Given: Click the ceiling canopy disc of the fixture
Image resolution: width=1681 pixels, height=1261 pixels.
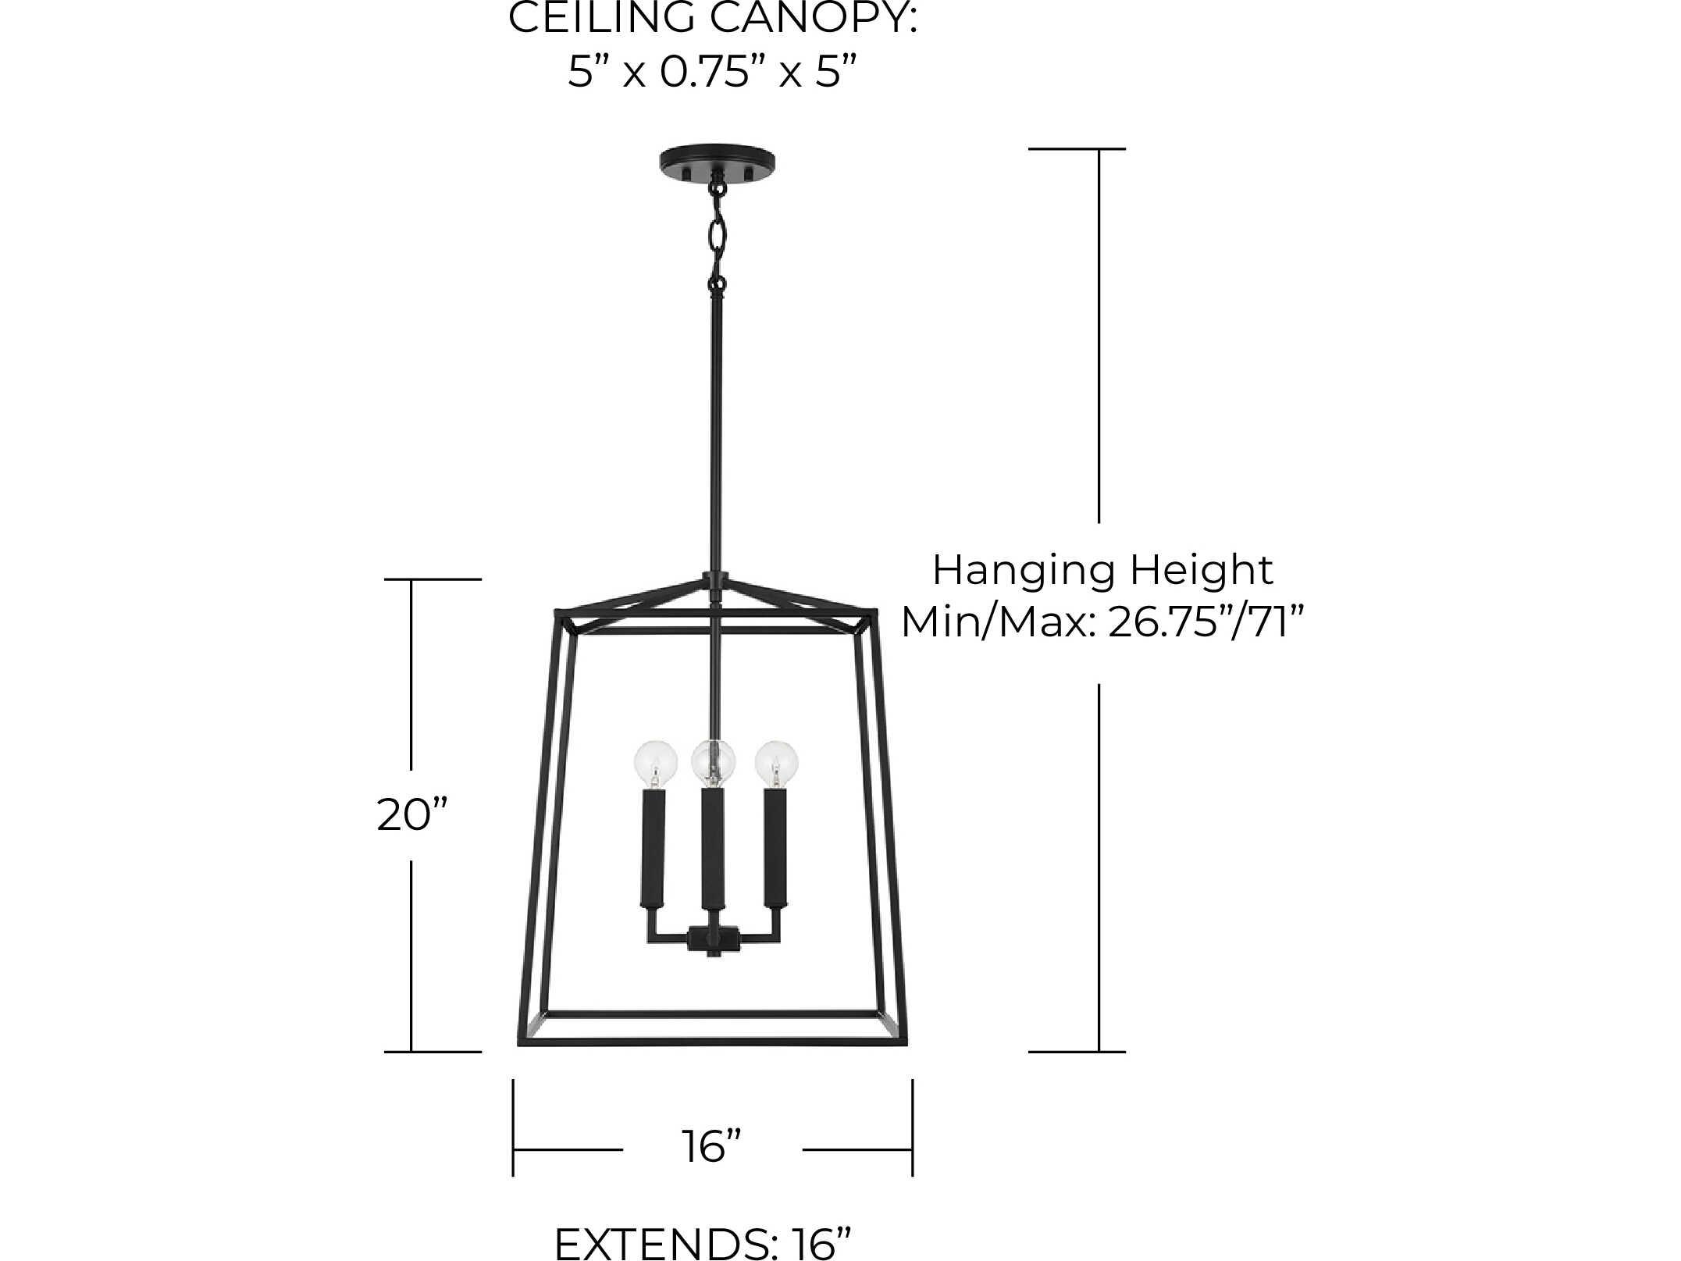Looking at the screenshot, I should click(718, 162).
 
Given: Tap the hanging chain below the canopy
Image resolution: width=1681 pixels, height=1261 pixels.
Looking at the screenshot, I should click(718, 234).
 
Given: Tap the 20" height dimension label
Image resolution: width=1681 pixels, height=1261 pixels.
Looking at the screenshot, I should click(411, 815).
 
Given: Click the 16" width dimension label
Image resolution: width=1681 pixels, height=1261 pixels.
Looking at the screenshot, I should click(711, 1147).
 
